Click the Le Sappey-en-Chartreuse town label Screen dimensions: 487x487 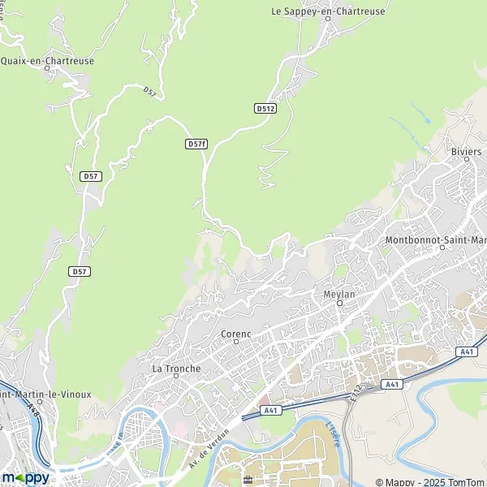327,11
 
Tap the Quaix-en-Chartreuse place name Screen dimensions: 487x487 47,60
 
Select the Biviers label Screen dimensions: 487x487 466,153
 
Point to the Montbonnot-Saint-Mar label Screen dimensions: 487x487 436,241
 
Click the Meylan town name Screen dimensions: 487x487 339,295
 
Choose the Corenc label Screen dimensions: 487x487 235,334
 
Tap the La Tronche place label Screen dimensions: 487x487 176,368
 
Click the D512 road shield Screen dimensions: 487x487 265,107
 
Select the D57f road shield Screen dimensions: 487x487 196,144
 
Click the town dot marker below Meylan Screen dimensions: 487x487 340,304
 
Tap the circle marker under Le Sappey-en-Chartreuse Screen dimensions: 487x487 327,21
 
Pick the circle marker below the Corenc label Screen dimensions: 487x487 235,343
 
